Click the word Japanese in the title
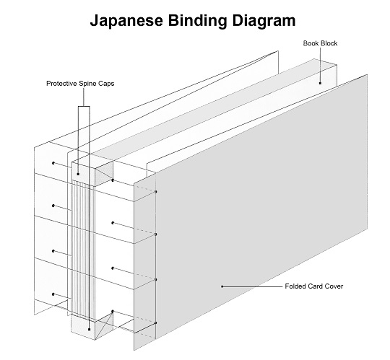(x=126, y=22)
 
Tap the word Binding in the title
(x=198, y=22)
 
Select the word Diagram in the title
(x=264, y=22)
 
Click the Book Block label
(x=320, y=43)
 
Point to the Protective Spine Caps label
(x=80, y=84)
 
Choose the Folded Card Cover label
(x=314, y=286)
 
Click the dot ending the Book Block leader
(x=320, y=83)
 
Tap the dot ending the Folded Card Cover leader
(x=222, y=286)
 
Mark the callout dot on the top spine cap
(x=78, y=174)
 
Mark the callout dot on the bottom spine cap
(x=90, y=330)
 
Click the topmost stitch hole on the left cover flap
(x=53, y=163)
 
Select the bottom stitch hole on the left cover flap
(x=53, y=294)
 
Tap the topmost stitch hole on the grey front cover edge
(x=156, y=192)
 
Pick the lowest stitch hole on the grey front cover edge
(x=156, y=322)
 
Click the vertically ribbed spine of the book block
(x=83, y=250)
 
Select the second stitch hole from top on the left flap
(x=53, y=206)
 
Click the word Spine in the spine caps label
(x=87, y=84)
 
